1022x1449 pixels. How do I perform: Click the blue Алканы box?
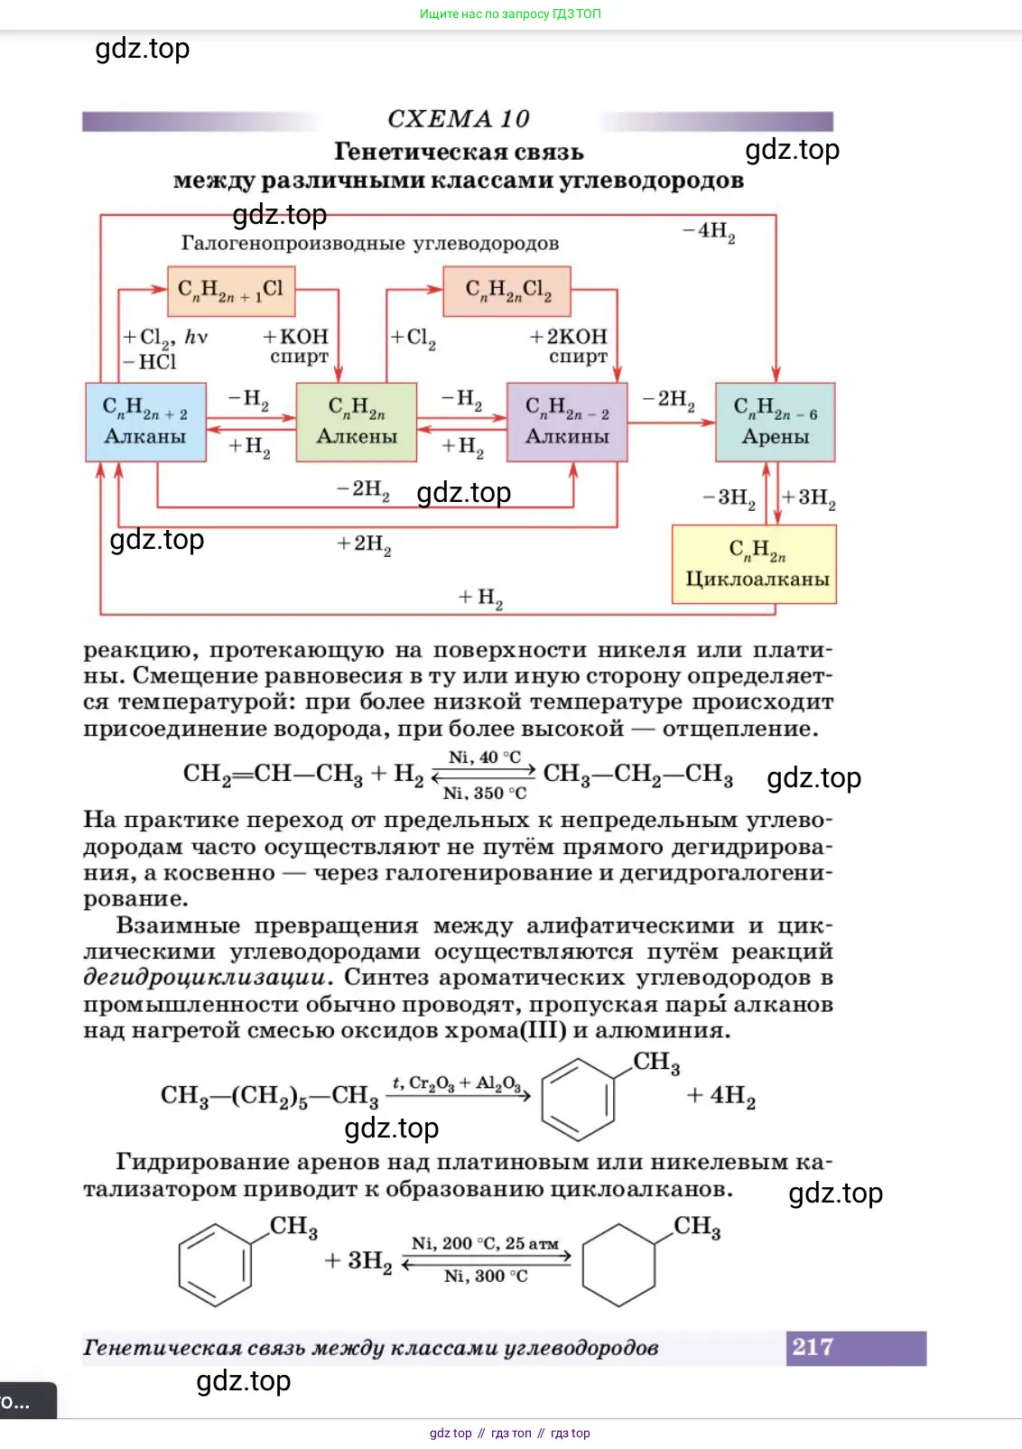(x=145, y=423)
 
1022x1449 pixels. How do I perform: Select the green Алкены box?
(x=357, y=423)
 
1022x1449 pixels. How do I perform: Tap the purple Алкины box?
(x=567, y=423)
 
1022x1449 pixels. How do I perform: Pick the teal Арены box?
(x=775, y=423)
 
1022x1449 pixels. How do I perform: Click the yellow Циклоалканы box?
(x=755, y=564)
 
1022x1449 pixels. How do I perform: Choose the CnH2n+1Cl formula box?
(x=231, y=290)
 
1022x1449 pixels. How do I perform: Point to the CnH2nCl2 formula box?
(x=507, y=291)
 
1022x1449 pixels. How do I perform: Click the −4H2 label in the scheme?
(x=710, y=231)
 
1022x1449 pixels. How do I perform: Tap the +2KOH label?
(x=569, y=337)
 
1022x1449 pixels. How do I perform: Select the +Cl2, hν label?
(x=165, y=337)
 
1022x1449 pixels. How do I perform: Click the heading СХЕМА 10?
(x=458, y=119)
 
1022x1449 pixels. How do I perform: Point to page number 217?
(x=813, y=1347)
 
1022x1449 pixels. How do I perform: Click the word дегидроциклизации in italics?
(x=205, y=978)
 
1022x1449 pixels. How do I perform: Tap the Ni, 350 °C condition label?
(x=485, y=794)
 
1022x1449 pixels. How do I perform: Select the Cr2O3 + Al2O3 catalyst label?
(x=457, y=1083)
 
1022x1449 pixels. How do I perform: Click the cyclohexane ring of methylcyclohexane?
(x=618, y=1266)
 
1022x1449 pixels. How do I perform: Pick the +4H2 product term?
(x=720, y=1096)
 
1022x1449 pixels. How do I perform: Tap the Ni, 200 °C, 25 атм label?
(x=486, y=1243)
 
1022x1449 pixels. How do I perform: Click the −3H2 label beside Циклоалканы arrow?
(x=729, y=497)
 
